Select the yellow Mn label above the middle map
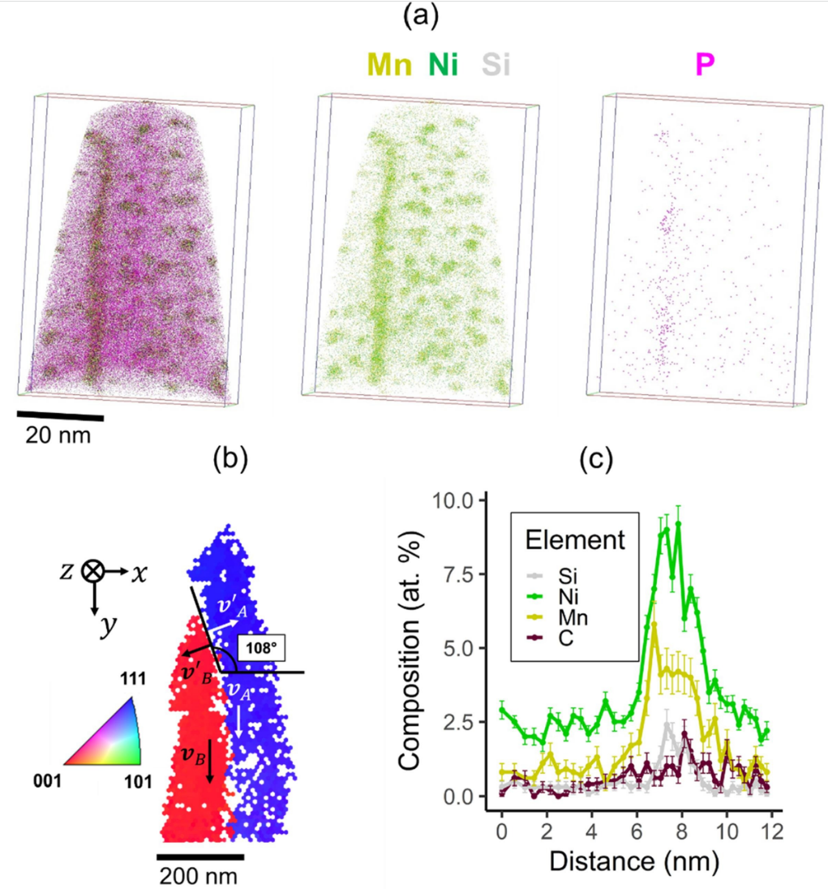(x=390, y=62)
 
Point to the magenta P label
(x=705, y=62)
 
